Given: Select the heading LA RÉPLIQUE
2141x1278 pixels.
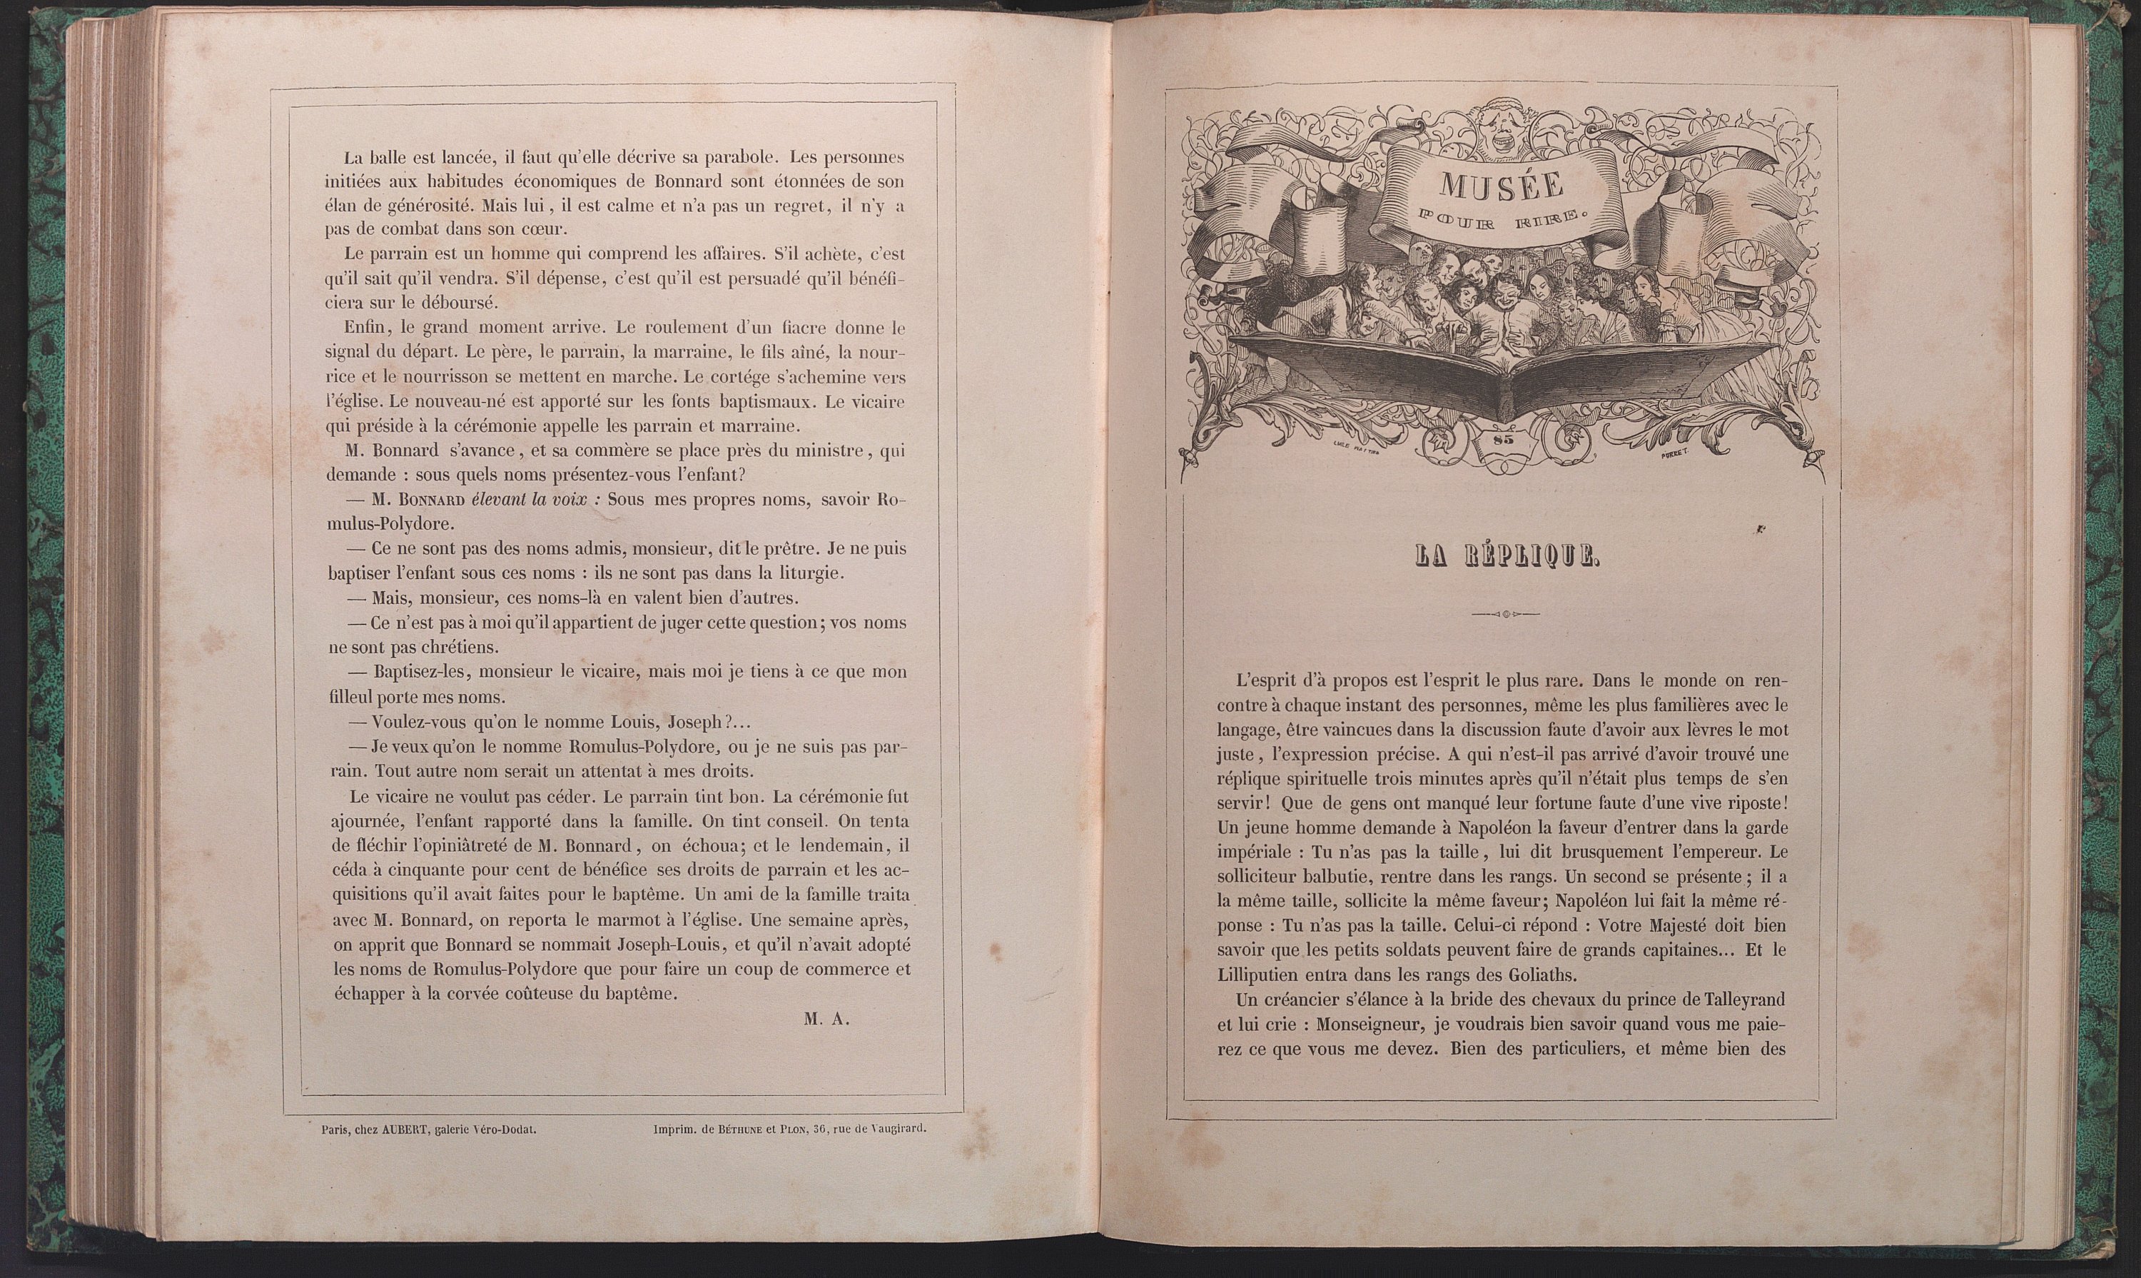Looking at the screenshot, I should pyautogui.click(x=1506, y=556).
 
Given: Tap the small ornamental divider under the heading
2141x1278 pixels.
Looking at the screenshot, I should pyautogui.click(x=1506, y=615).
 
